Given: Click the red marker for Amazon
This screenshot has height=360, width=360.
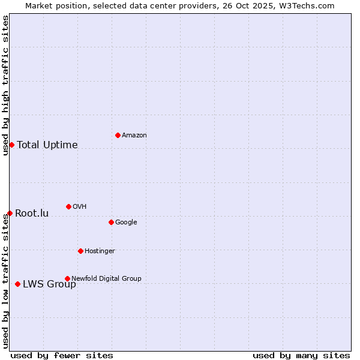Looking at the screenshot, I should click(118, 135).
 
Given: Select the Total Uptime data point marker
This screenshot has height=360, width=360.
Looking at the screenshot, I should click(11, 145).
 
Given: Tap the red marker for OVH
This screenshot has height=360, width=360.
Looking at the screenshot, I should click(68, 206).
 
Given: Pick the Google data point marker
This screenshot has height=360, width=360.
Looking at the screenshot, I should click(111, 222).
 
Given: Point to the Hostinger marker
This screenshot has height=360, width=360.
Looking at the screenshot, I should click(80, 251).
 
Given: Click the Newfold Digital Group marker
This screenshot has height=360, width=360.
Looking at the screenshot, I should click(67, 278).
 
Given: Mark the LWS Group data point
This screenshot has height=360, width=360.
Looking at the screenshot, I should click(17, 284).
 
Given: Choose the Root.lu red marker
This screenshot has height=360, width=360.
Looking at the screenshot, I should click(10, 213).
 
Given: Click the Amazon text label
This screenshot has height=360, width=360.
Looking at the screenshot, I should click(134, 135).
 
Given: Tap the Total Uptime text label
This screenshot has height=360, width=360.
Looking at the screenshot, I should click(47, 145).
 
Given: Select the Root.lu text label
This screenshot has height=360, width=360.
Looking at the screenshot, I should click(32, 213).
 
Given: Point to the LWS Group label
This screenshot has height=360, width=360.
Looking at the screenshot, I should click(49, 284).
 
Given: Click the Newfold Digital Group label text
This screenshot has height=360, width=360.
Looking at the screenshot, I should click(106, 278).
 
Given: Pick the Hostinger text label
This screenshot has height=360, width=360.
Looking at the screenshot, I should click(100, 251).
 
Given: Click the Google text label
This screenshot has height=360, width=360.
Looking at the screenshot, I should click(126, 222).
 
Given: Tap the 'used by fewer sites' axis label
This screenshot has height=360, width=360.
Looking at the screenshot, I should click(62, 355).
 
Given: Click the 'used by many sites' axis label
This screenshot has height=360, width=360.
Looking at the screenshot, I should click(301, 355).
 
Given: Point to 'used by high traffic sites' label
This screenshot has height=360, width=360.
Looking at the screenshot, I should click(5, 85).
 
